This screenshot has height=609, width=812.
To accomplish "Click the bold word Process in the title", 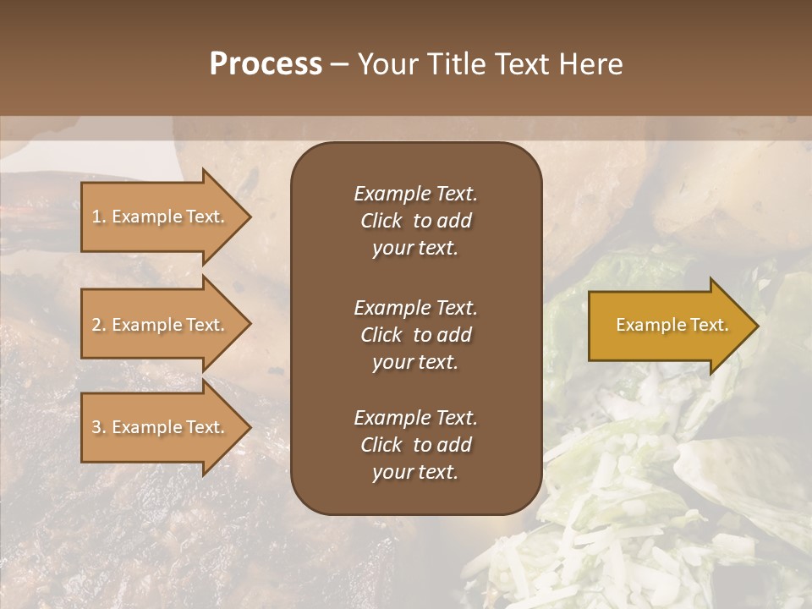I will tap(266, 64).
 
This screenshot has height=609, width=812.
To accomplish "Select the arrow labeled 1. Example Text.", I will tap(161, 217).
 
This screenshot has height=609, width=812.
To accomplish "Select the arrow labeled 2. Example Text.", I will tap(161, 325).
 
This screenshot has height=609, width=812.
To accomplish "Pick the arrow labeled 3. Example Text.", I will tap(161, 427).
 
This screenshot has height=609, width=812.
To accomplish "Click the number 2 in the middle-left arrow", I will tap(96, 325).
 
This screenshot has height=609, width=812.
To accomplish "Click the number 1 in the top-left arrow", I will tap(96, 217).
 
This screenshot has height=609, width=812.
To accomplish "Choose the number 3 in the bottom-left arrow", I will tap(96, 427).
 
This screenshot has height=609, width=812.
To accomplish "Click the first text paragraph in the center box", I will tap(415, 221).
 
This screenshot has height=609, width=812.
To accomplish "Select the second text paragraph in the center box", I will tap(415, 335).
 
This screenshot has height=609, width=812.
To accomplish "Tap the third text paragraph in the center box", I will tap(415, 445).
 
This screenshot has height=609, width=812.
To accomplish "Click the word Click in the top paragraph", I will tap(381, 222).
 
